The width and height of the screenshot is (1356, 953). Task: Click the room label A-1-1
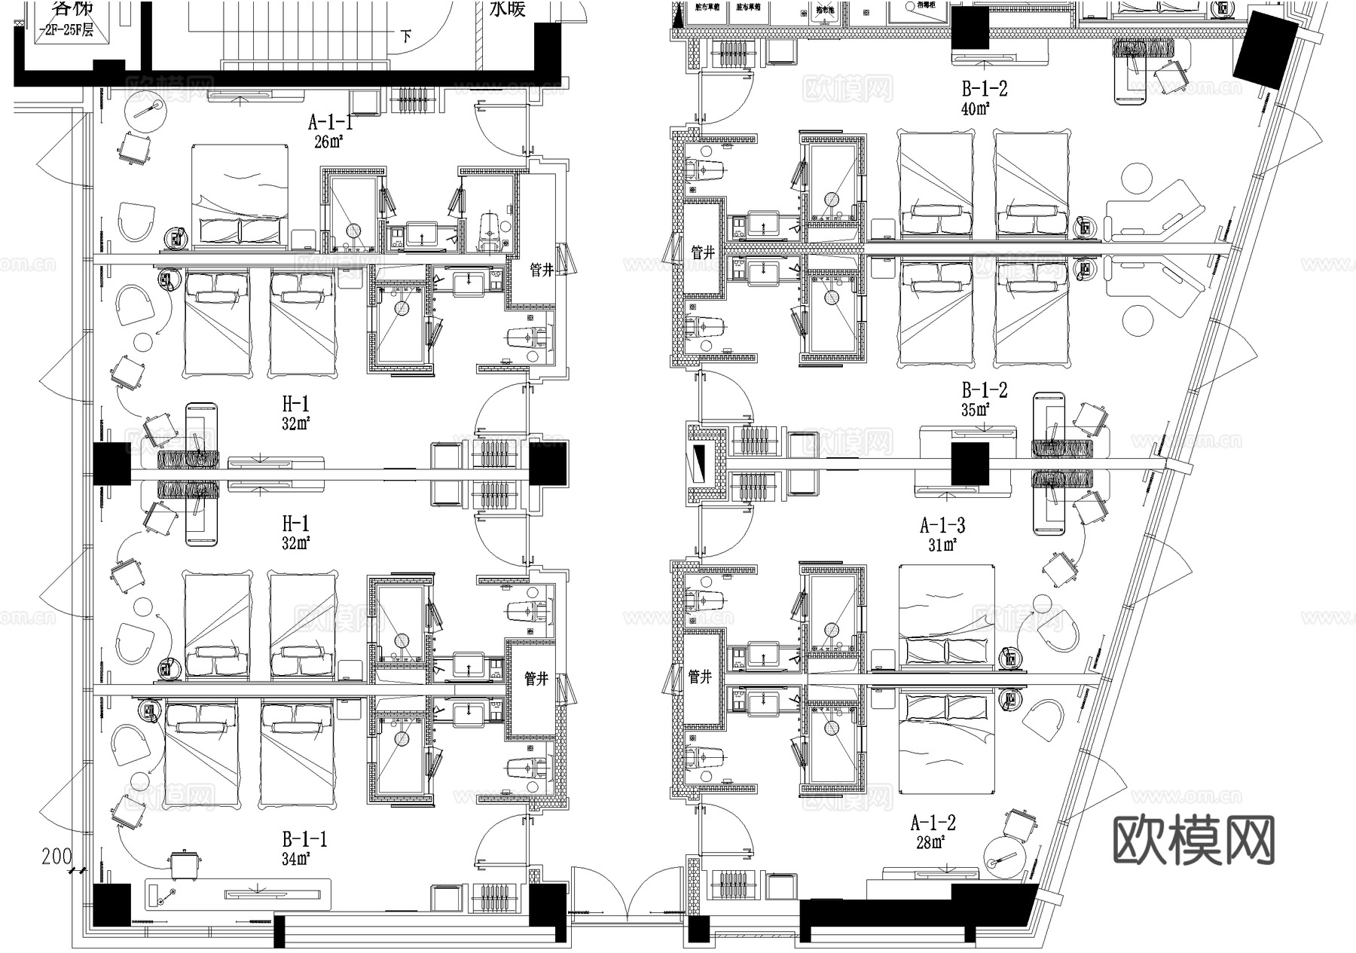point(330,122)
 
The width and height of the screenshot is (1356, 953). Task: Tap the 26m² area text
point(328,141)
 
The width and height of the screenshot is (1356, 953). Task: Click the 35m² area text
point(975,410)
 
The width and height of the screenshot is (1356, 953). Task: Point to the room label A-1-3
point(943,525)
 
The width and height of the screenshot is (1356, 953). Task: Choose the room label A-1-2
point(933,823)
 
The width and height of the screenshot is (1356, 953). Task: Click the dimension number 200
point(56,857)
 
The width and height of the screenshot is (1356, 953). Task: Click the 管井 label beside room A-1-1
point(542,270)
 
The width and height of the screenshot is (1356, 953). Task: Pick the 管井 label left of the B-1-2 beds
point(703,252)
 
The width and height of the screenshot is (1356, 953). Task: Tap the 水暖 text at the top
point(507,9)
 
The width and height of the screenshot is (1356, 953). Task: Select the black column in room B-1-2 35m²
point(970,463)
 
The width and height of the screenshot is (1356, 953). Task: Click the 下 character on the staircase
point(407,36)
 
